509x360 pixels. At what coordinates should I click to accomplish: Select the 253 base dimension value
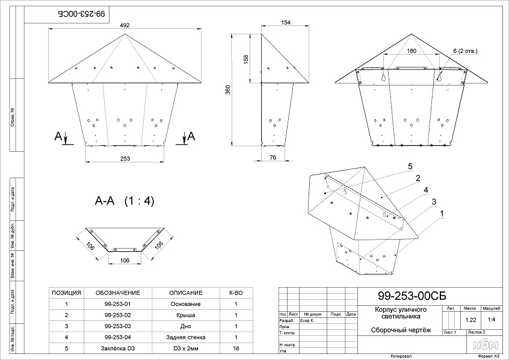[125, 158]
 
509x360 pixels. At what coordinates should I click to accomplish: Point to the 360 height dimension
[236, 88]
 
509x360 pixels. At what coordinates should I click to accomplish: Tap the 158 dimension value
[245, 58]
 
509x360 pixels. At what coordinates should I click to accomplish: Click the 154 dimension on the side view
[286, 22]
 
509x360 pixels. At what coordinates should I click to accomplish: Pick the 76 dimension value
[273, 157]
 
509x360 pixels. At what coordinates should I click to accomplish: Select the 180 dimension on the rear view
[411, 51]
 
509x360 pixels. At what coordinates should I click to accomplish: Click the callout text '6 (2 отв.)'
[466, 51]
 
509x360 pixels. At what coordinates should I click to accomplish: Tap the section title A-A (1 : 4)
[125, 201]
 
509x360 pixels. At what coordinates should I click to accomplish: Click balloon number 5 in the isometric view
[409, 166]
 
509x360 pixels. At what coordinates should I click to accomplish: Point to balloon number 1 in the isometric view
[442, 213]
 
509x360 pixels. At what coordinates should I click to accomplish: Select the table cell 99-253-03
[117, 326]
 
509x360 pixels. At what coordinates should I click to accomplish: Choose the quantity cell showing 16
[236, 349]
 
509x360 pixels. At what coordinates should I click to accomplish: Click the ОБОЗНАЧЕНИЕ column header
[117, 293]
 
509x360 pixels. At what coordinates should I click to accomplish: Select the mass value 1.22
[471, 320]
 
